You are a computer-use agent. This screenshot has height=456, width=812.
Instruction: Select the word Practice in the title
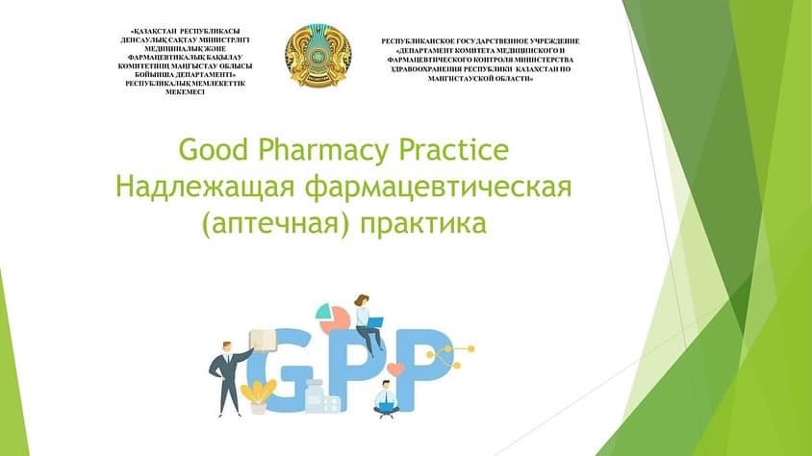point(459,152)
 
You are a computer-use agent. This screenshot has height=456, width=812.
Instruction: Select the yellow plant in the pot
point(257,393)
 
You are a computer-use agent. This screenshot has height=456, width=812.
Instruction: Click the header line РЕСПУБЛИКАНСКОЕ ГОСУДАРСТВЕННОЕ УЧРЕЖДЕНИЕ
point(481,41)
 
